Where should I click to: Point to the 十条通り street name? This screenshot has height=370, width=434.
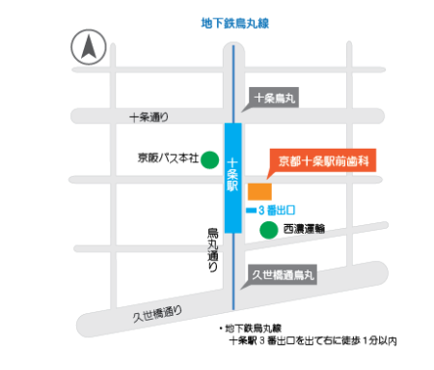pyautogui.click(x=149, y=117)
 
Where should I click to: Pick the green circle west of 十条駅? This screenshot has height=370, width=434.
pyautogui.click(x=208, y=160)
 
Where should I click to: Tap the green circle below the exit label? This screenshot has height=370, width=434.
pyautogui.click(x=268, y=230)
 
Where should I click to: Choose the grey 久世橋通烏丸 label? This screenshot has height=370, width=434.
pyautogui.click(x=283, y=275)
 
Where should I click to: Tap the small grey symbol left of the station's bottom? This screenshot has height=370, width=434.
pyautogui.click(x=212, y=249)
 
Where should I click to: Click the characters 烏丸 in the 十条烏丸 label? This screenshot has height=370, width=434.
pyautogui.click(x=287, y=97)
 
